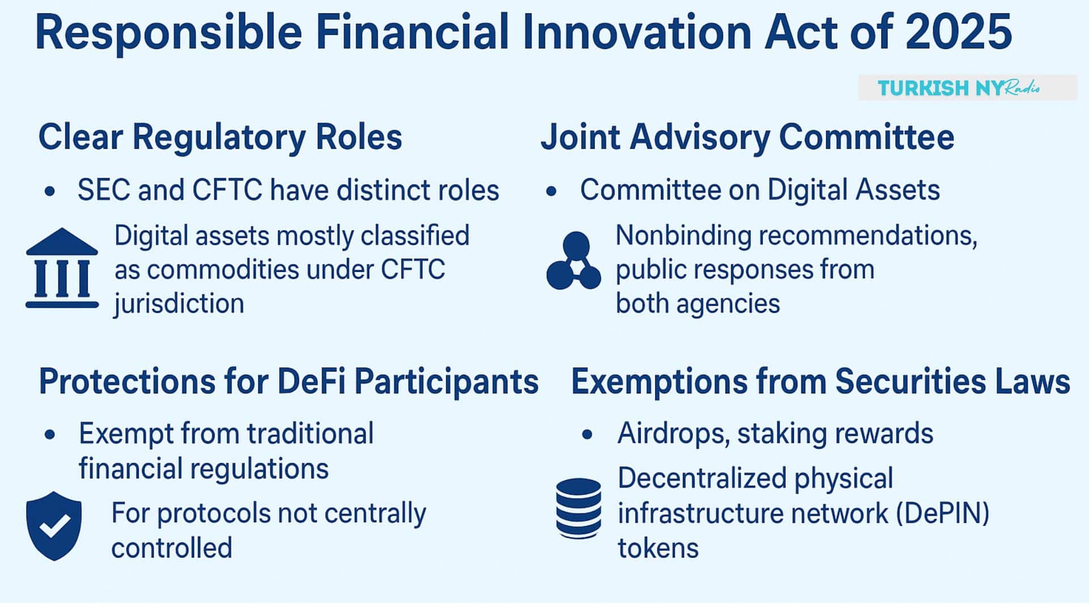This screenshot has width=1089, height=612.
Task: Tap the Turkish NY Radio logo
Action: [x=966, y=88]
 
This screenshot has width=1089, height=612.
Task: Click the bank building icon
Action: [x=62, y=269]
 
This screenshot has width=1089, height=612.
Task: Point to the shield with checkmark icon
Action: [x=54, y=526]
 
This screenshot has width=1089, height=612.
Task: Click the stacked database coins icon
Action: [x=579, y=508]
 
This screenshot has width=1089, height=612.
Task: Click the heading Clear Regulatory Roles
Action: [x=220, y=137]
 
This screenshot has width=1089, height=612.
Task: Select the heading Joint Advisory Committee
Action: [x=747, y=137]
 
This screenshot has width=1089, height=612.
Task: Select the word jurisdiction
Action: [x=179, y=304]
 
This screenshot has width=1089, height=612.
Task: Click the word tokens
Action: [x=658, y=549]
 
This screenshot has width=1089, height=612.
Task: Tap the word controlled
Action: [x=172, y=548]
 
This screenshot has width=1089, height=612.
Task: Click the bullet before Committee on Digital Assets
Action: [x=551, y=192]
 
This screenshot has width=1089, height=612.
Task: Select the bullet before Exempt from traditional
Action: [x=50, y=435]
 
